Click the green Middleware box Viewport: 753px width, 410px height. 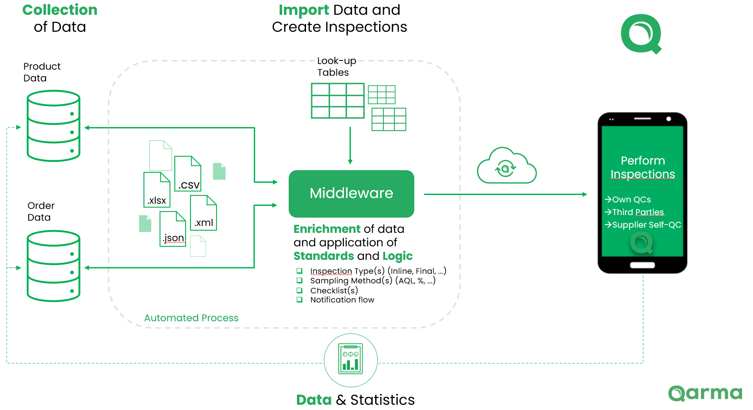click(351, 194)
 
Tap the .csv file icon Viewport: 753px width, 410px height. click(188, 174)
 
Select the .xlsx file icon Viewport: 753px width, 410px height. click(157, 190)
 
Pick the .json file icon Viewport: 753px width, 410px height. click(173, 229)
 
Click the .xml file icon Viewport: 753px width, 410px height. click(203, 213)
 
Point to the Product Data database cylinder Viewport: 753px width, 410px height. click(53, 126)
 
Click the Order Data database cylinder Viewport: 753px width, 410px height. click(53, 266)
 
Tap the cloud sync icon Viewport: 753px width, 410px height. click(506, 167)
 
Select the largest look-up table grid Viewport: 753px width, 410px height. click(337, 101)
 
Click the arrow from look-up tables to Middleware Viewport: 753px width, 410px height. click(350, 146)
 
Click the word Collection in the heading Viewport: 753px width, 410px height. click(60, 10)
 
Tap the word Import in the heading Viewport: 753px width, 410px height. click(303, 10)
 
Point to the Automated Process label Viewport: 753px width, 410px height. click(191, 318)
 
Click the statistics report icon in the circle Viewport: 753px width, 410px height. click(350, 360)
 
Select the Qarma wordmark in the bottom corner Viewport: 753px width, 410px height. click(705, 393)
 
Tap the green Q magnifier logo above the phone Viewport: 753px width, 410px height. click(641, 34)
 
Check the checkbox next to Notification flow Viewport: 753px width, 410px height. click(299, 299)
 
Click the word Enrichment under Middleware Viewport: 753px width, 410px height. click(327, 229)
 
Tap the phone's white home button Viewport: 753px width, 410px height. click(642, 265)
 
